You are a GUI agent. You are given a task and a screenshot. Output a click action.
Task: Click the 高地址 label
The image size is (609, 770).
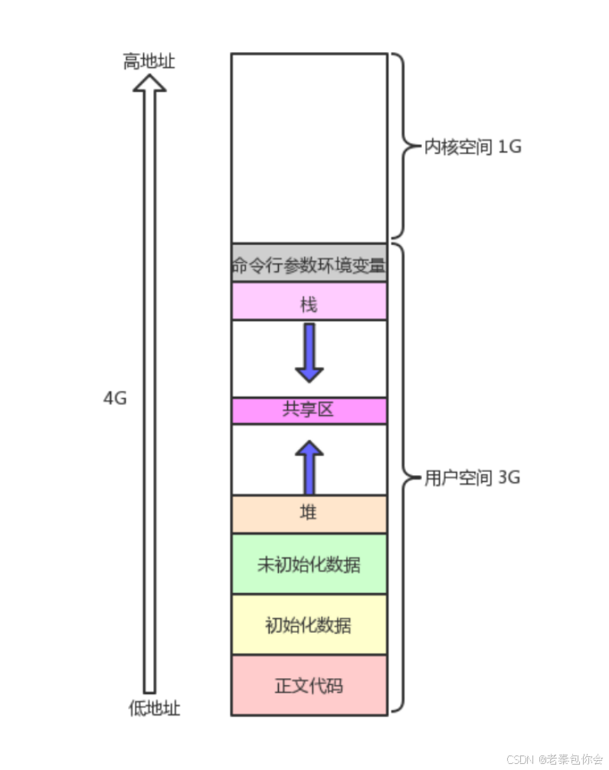(149, 61)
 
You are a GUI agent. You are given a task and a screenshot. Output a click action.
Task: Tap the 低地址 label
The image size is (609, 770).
(154, 709)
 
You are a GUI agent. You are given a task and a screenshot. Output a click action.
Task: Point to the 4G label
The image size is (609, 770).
(114, 398)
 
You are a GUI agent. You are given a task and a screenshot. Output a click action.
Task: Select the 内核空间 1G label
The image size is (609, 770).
(473, 146)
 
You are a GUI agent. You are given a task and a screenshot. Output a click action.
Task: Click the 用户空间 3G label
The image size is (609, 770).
(472, 478)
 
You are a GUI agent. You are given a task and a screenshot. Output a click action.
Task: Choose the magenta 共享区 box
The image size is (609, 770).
(309, 410)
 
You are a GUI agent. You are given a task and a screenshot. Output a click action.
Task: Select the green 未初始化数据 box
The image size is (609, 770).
(309, 564)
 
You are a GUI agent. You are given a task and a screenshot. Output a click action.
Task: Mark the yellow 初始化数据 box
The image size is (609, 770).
(309, 624)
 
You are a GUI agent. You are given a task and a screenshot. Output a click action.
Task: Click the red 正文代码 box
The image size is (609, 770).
(309, 685)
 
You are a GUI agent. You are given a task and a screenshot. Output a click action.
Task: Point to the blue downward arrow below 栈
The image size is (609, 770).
(309, 352)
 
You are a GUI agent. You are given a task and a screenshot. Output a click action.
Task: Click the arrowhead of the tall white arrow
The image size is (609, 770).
(149, 83)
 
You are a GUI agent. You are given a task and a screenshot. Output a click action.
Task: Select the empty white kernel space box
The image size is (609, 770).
(309, 147)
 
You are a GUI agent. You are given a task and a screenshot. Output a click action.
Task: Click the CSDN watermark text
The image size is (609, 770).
(555, 759)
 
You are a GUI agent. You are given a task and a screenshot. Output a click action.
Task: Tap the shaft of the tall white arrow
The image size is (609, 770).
(149, 398)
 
